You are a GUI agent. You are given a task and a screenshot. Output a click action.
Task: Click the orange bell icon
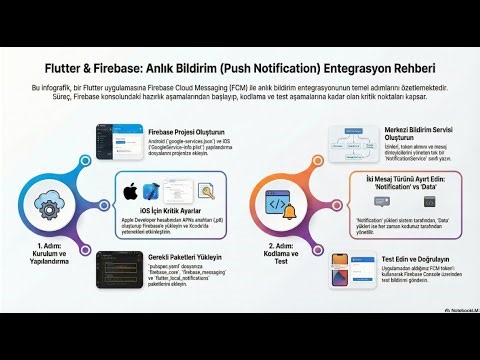pos(290,211)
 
